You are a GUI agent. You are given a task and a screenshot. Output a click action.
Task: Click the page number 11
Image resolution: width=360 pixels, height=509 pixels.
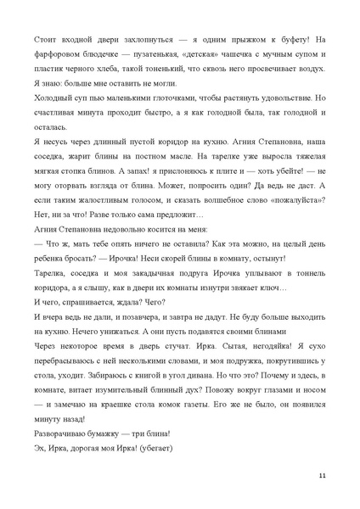tap(321, 475)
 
